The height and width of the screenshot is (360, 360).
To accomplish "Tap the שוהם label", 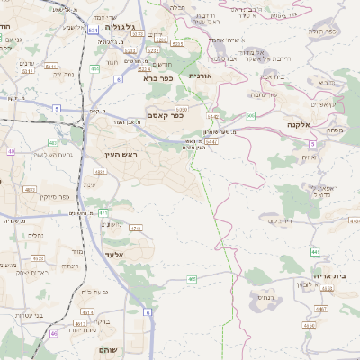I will pos(112,352).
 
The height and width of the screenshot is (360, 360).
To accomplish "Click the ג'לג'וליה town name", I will pos(125,28).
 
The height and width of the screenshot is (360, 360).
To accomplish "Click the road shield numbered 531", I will pos(94,31).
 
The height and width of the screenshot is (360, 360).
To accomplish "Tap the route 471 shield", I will pos(103,212).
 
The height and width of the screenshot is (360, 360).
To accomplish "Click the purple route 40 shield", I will pos(11,151).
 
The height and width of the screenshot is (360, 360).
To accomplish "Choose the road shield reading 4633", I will pos(38,258).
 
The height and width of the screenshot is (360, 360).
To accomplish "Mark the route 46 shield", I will pos(54,334).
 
